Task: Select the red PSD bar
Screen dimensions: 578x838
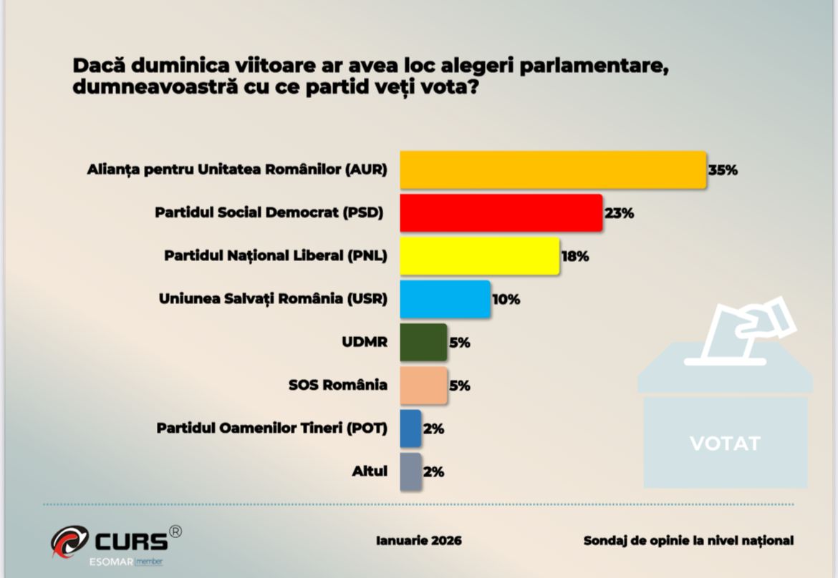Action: tap(501, 213)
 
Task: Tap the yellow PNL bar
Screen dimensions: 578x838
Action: tap(479, 256)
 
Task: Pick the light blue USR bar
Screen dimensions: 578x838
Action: tap(445, 299)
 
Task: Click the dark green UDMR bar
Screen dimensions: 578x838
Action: tap(423, 342)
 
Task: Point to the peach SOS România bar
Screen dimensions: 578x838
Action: tap(423, 385)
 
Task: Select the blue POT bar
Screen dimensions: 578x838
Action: tap(410, 428)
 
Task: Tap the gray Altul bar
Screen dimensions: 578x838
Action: tap(410, 471)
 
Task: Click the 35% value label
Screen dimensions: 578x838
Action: tap(723, 171)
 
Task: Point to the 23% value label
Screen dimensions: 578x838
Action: tap(620, 214)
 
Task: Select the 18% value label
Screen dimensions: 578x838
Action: tap(575, 257)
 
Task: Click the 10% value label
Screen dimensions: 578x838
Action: tap(506, 300)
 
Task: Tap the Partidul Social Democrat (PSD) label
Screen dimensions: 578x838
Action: tap(269, 213)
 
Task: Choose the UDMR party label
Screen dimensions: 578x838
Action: tap(365, 342)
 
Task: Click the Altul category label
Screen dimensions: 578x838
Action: tap(370, 471)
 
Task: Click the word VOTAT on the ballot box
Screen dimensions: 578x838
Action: tap(725, 444)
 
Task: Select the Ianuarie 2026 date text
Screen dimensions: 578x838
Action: tap(419, 541)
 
